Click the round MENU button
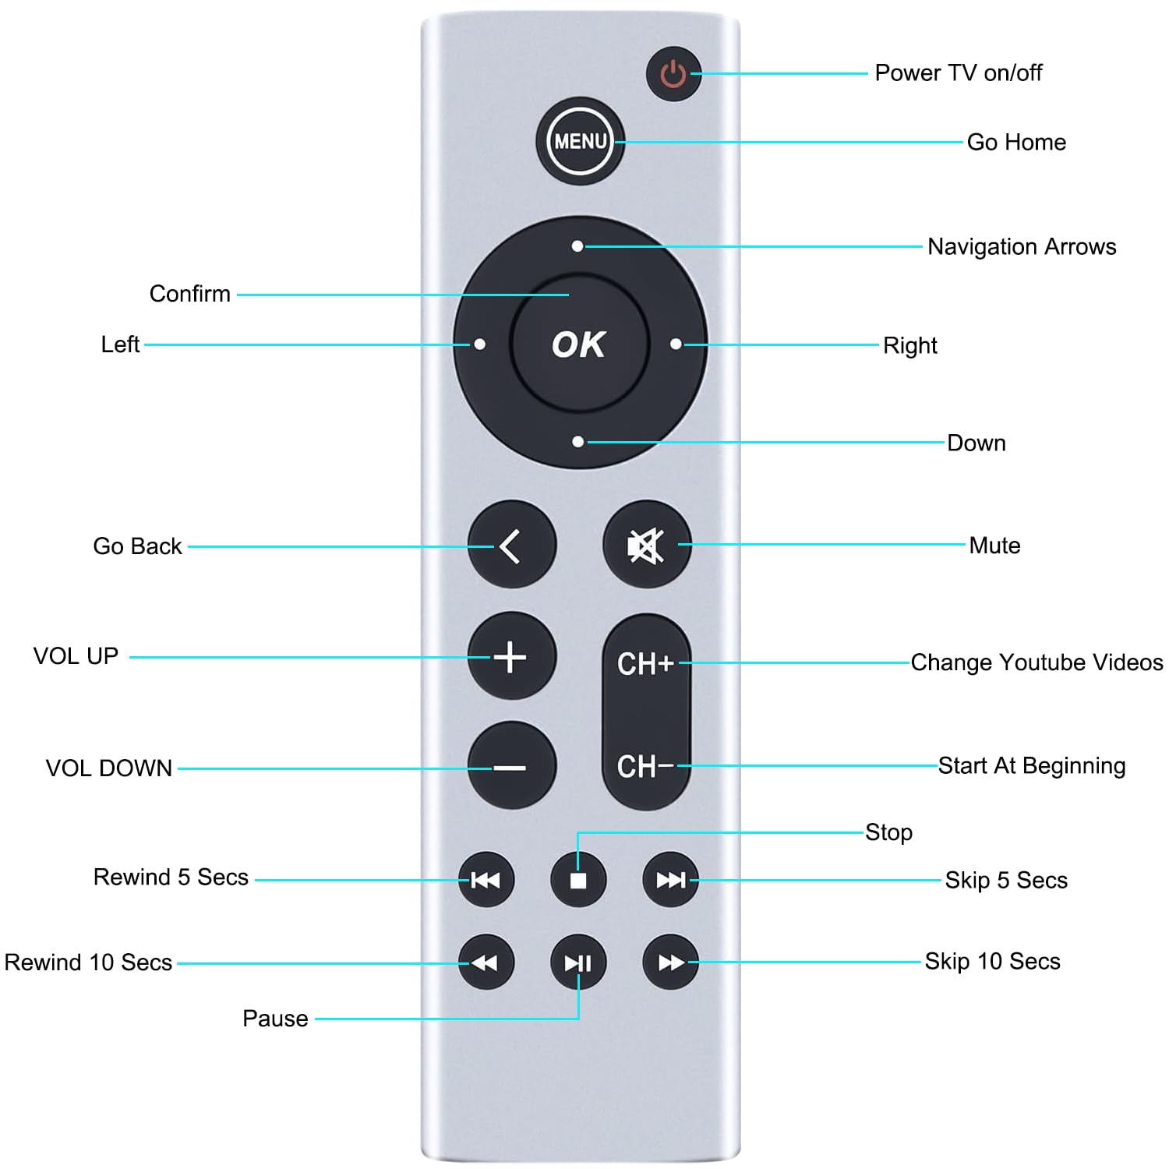580,141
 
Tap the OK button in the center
579,344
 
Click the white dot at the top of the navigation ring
577,246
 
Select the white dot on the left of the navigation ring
480,344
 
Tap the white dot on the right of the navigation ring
676,344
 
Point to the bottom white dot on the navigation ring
577,442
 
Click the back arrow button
511,545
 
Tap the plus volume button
511,656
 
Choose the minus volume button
511,767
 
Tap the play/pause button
577,963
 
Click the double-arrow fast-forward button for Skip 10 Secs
670,963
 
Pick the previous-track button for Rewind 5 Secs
486,881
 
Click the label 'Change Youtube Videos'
1037,662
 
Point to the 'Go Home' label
1016,142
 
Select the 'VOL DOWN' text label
108,768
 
